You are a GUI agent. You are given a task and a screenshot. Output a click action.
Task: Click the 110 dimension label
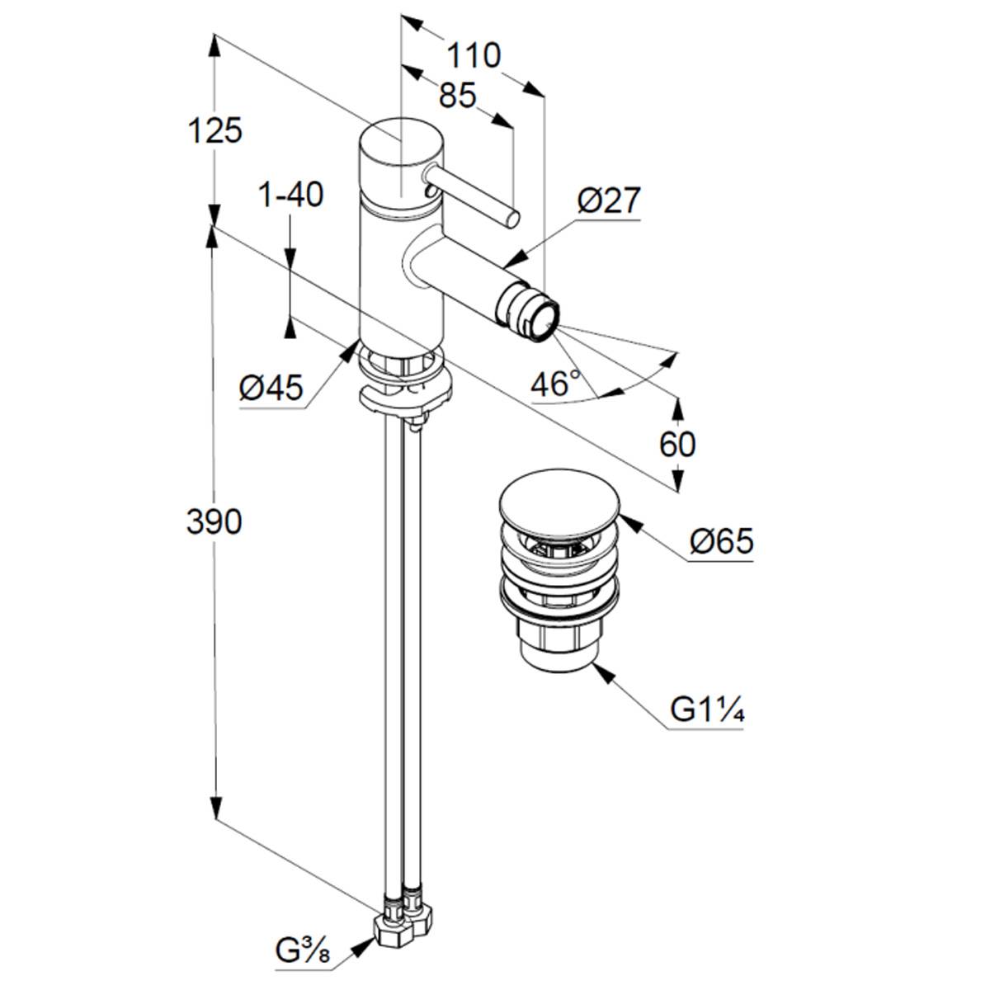click(474, 56)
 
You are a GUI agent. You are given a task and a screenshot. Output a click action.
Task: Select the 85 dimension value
click(458, 96)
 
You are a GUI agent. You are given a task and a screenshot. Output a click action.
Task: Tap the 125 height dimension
click(214, 130)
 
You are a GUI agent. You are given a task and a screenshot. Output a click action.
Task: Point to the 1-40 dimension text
click(291, 196)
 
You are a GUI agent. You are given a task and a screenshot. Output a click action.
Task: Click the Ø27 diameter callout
click(608, 200)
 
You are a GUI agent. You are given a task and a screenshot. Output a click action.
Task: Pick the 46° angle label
click(555, 383)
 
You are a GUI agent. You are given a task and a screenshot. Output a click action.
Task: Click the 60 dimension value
click(677, 445)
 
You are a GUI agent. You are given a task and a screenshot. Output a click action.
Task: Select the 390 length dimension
click(214, 521)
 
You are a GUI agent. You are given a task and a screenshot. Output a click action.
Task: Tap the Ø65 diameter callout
click(722, 542)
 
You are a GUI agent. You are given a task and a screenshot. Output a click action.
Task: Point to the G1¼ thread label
click(707, 709)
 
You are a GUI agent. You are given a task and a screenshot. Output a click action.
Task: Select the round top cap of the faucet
click(402, 140)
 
